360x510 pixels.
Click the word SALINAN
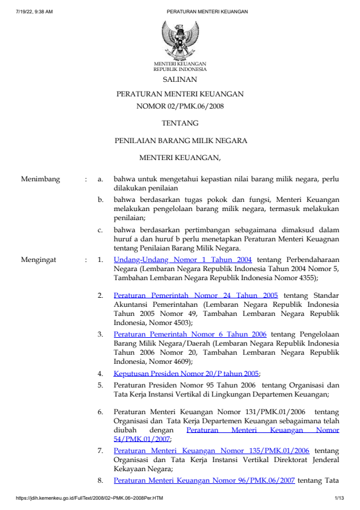click(179, 79)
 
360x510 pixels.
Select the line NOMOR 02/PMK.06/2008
click(179, 106)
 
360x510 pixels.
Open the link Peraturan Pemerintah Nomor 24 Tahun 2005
click(196, 295)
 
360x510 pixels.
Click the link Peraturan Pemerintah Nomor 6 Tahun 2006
click(190, 334)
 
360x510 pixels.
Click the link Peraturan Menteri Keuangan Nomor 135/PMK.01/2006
click(212, 451)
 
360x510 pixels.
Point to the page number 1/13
click(339, 498)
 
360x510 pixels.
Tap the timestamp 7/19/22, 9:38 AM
click(35, 12)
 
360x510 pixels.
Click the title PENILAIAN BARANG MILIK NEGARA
click(181, 141)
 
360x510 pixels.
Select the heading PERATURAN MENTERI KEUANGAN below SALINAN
click(179, 94)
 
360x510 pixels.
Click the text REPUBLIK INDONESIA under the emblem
click(179, 69)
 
